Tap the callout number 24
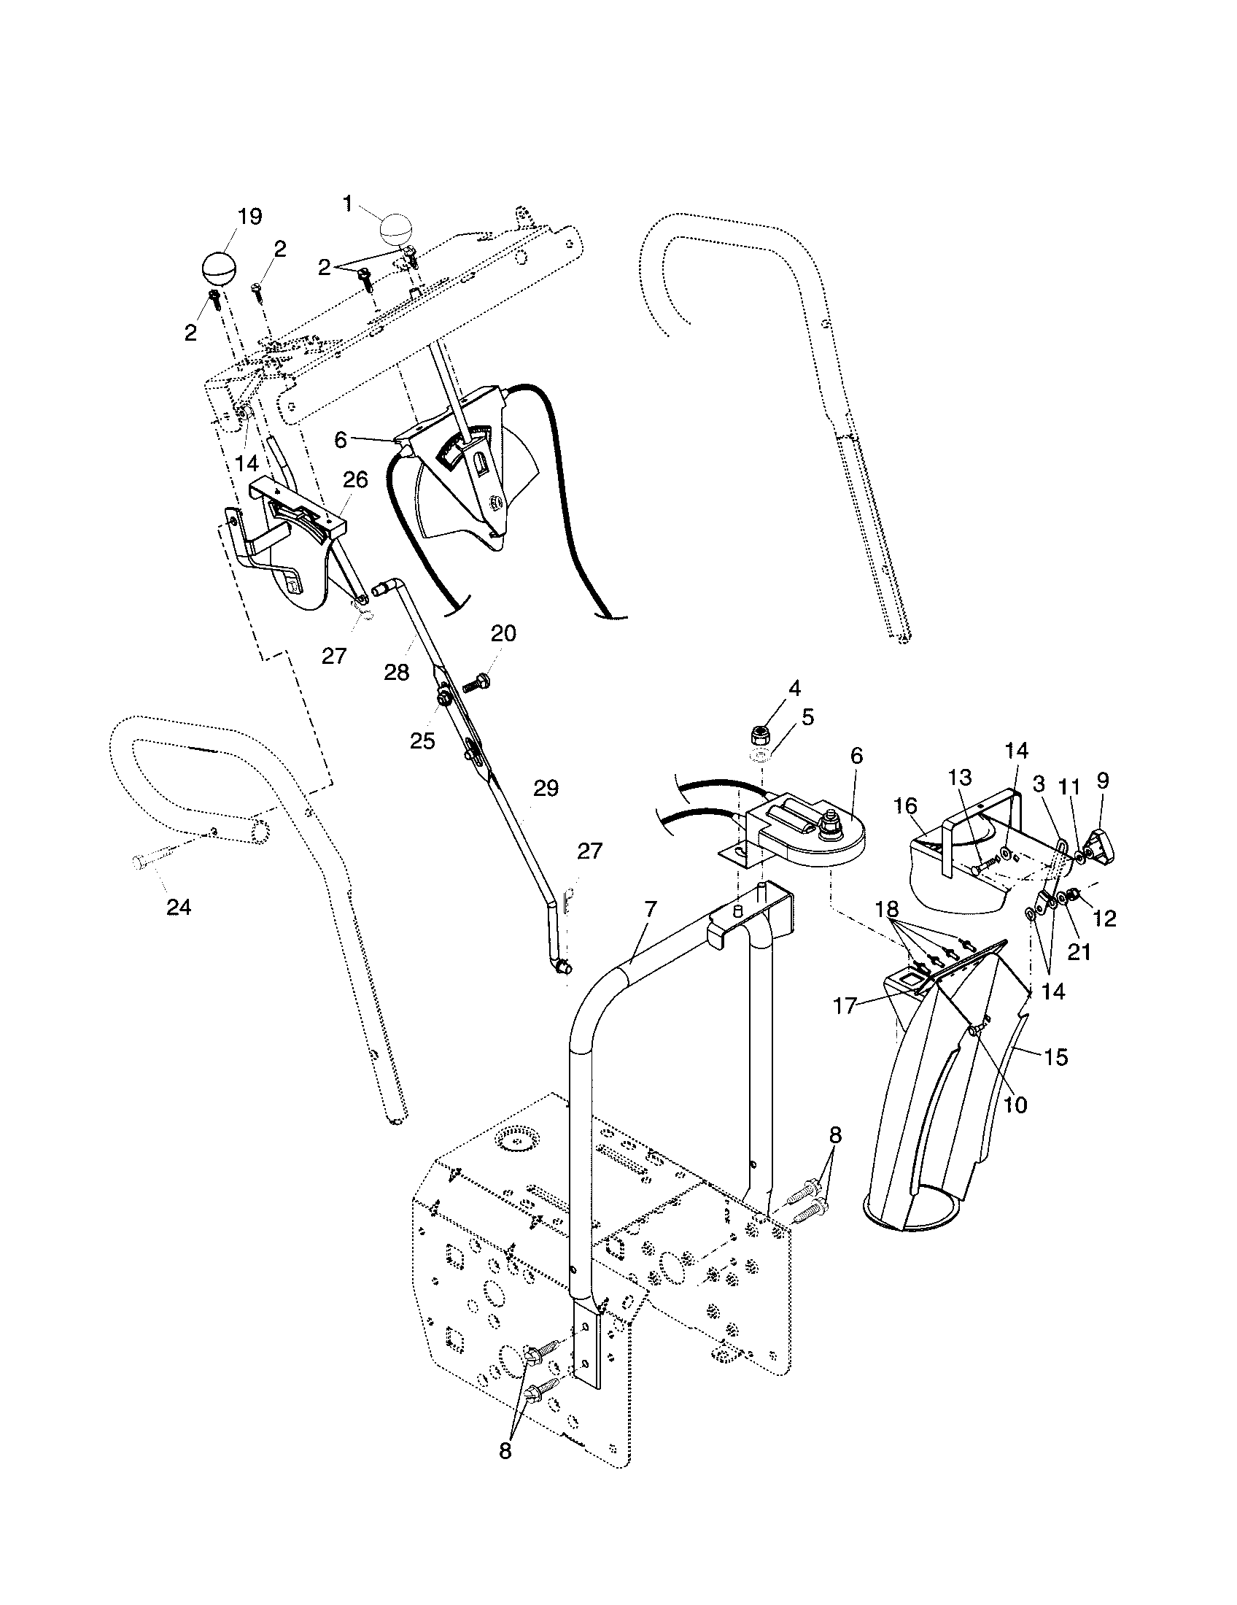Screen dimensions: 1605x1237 point(179,908)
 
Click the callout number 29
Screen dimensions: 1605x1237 point(546,789)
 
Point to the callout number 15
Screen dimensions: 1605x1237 point(1056,1057)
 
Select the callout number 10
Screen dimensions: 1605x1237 point(1015,1105)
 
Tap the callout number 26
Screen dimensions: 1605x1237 point(355,480)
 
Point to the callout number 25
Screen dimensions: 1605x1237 point(422,740)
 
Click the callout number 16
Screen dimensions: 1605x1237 point(906,806)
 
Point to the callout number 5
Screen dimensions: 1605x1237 point(807,716)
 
